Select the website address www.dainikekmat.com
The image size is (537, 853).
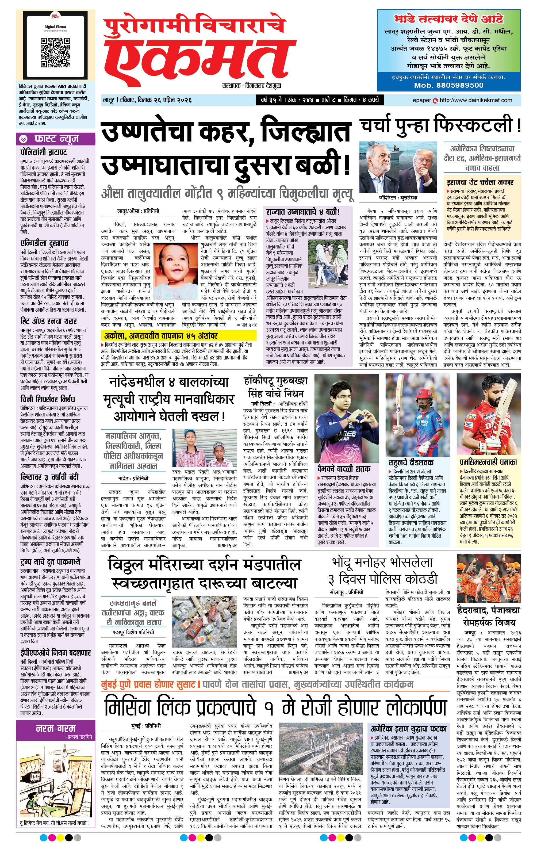[476, 100]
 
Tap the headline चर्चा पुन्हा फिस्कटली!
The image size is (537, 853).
[440, 125]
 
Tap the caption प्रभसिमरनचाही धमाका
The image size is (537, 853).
[488, 462]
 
